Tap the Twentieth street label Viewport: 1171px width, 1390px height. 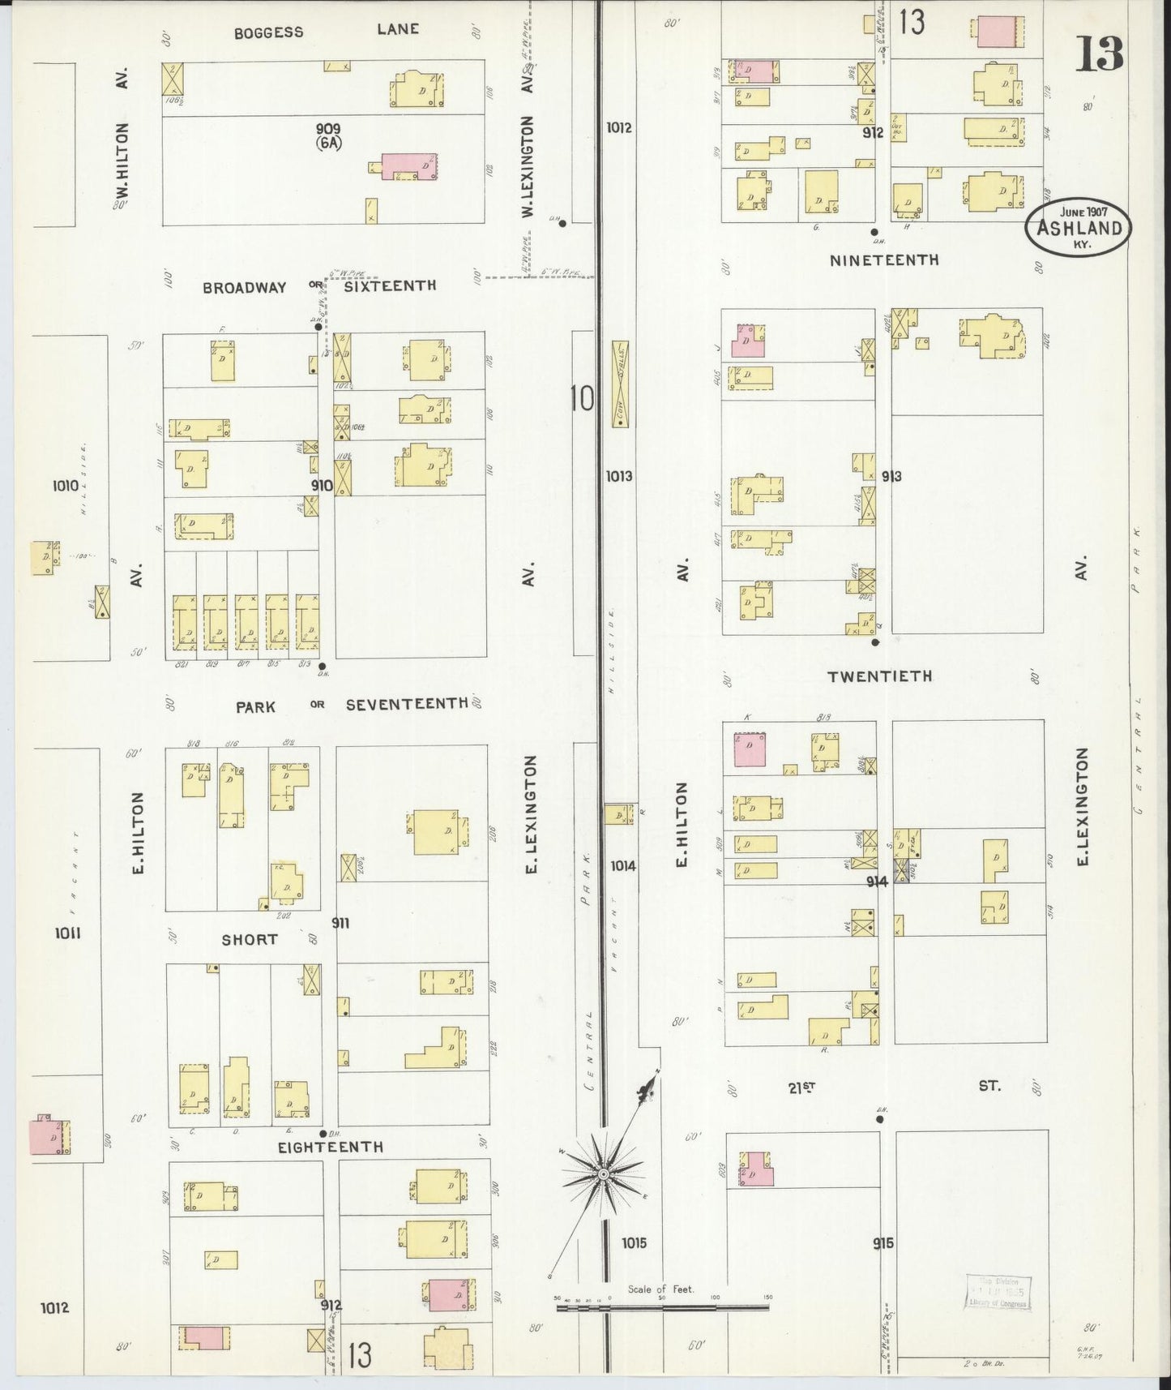(x=879, y=676)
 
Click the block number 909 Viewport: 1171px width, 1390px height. (x=329, y=128)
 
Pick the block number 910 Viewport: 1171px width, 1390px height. (x=322, y=485)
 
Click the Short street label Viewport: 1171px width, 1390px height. (x=250, y=939)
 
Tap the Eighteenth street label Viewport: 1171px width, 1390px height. (x=330, y=1147)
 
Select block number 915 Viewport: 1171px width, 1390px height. (x=883, y=1242)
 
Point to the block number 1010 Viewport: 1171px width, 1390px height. (x=66, y=486)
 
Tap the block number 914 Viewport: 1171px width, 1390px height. (x=877, y=881)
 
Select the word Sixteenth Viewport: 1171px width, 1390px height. (x=390, y=285)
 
